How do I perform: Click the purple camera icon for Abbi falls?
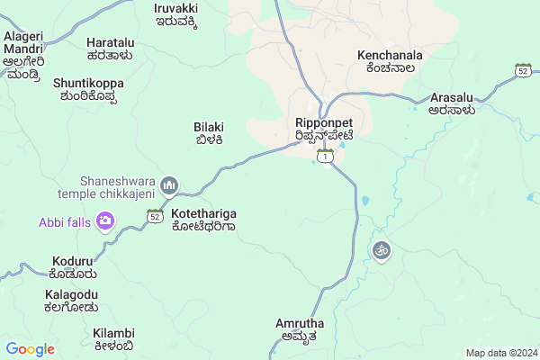click(x=105, y=220)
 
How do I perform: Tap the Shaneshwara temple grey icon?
click(x=169, y=186)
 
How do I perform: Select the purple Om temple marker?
click(x=381, y=249)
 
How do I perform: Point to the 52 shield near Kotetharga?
click(x=155, y=216)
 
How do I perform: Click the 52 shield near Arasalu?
click(x=523, y=69)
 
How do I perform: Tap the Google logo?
click(x=30, y=349)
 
